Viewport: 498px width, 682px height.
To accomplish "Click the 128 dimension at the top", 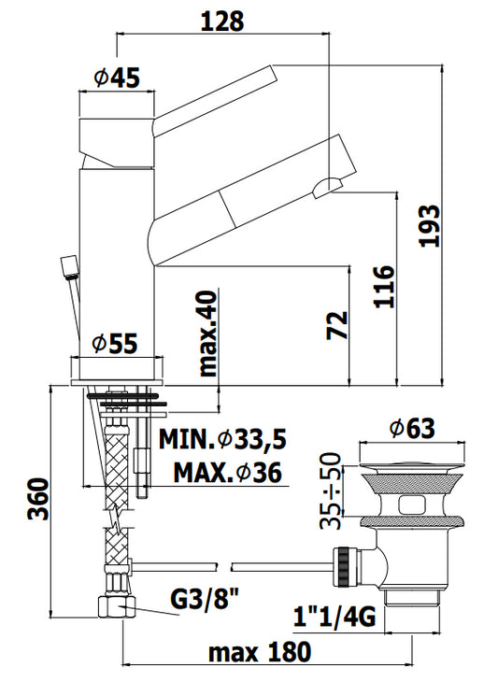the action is point(222,21).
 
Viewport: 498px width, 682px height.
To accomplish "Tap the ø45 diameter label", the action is point(117,78).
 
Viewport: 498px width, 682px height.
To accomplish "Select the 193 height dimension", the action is point(430,226).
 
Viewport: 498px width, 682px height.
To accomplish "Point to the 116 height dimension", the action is point(384,286).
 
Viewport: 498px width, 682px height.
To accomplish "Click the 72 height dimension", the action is point(338,325).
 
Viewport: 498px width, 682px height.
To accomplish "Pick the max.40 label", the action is point(207,334).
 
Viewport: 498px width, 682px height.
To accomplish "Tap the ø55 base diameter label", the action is point(115,343).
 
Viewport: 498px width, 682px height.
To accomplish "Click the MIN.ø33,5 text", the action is point(222,440).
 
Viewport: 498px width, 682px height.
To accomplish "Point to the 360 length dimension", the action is point(37,499).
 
